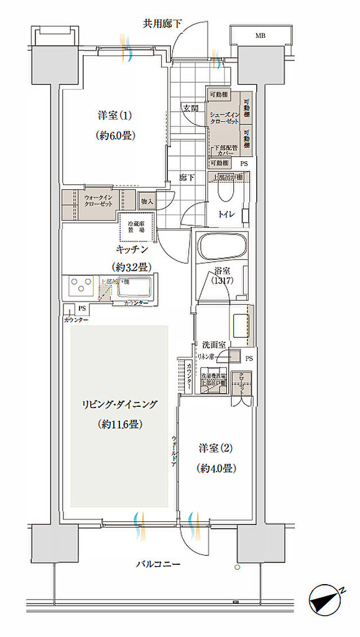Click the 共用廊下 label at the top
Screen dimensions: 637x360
[162, 24]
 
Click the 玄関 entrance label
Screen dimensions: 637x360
[190, 108]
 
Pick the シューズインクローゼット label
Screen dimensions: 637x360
[224, 119]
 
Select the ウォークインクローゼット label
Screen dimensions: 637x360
[98, 201]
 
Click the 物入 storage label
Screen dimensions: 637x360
[147, 202]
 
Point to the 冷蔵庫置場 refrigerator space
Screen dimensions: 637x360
[137, 226]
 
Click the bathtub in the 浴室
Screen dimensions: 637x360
[223, 248]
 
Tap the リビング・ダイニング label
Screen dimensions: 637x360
[119, 404]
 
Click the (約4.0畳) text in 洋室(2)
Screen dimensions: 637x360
[216, 468]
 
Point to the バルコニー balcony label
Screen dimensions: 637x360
[159, 565]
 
